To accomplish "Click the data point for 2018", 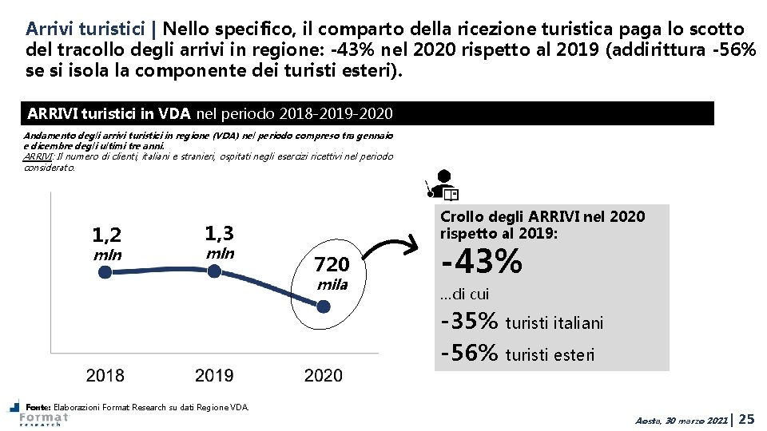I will pyautogui.click(x=105, y=272).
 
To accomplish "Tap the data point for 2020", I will pyautogui.click(x=324, y=305).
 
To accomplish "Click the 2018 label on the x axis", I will pyautogui.click(x=105, y=375).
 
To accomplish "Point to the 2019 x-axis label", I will pyautogui.click(x=214, y=375).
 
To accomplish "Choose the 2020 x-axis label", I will pyautogui.click(x=324, y=375).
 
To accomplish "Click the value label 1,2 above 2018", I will pyautogui.click(x=107, y=235).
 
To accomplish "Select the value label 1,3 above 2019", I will pyautogui.click(x=220, y=233).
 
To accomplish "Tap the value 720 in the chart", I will pyautogui.click(x=332, y=264).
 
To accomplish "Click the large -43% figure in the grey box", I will pyautogui.click(x=482, y=261).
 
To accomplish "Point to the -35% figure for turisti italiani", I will pyautogui.click(x=470, y=321).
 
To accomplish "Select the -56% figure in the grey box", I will pyautogui.click(x=470, y=353).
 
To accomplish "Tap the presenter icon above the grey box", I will pyautogui.click(x=443, y=184).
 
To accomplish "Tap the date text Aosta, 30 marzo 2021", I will pyautogui.click(x=682, y=420).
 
